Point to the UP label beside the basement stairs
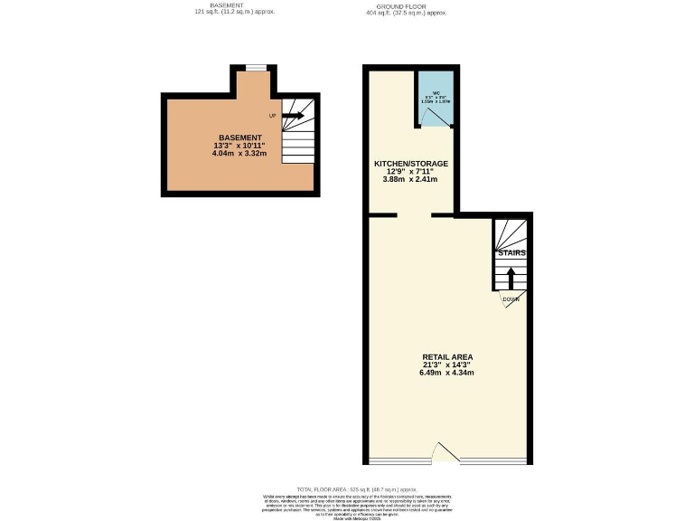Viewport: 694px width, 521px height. coord(272,116)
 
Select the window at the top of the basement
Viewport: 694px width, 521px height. coord(256,67)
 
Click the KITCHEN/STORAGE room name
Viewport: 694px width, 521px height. coord(411,164)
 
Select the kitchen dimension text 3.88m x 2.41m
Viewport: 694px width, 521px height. coord(410,179)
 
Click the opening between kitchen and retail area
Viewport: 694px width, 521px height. coord(415,215)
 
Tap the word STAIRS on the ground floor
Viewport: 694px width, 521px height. coord(511,253)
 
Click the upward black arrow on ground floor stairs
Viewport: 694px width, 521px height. coord(511,276)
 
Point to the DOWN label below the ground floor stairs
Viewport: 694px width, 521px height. coord(511,299)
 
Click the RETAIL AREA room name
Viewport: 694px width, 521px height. coord(446,356)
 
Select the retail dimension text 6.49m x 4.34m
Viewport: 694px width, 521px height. coord(446,373)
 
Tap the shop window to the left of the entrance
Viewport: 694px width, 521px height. coord(401,461)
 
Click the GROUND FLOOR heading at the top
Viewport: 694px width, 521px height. coord(407,5)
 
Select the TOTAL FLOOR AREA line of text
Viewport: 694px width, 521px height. coord(346,488)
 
